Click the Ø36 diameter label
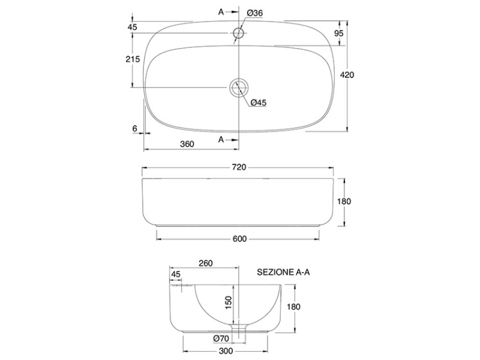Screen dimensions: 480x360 (255, 13)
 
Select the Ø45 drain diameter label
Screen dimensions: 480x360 (259, 102)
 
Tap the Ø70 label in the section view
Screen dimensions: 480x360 (221, 338)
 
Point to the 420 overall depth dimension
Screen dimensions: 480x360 (347, 75)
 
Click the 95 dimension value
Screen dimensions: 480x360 (339, 33)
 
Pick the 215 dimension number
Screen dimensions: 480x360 (132, 59)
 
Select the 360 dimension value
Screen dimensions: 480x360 (187, 144)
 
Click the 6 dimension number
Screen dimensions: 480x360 (134, 129)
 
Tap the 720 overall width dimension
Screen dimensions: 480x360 (239, 167)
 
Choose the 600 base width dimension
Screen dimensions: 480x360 (239, 239)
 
